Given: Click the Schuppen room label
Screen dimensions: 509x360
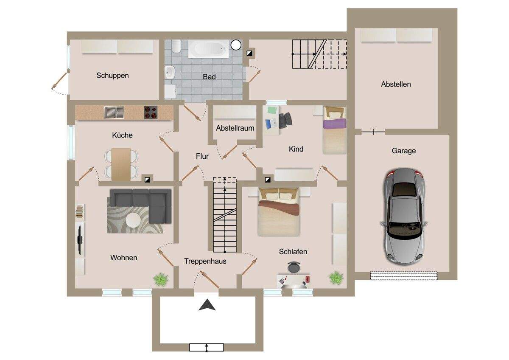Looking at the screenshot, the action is click(x=112, y=76).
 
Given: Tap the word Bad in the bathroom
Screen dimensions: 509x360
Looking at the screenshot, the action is click(x=209, y=77).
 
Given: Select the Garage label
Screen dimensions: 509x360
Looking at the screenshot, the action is click(x=404, y=151).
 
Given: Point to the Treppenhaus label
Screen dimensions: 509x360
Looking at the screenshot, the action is click(x=205, y=261).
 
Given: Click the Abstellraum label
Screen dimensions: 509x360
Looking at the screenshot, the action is click(x=235, y=128).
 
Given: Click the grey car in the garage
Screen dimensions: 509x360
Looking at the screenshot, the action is click(x=404, y=216).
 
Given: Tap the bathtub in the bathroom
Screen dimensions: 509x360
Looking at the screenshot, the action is click(x=208, y=49).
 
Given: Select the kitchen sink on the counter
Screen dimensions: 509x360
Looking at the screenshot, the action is click(x=114, y=112).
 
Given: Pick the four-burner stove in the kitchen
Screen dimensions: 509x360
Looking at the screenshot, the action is click(x=151, y=112).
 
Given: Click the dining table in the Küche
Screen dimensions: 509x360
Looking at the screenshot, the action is click(x=121, y=164).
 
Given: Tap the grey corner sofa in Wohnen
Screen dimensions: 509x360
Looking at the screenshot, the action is click(x=140, y=203).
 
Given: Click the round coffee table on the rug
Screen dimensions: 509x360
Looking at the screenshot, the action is click(x=133, y=220).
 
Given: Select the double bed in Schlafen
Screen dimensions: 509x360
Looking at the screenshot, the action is click(x=279, y=212).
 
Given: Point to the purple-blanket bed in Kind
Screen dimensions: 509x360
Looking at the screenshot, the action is click(x=335, y=130).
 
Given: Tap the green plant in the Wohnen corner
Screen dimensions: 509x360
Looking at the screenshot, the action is click(x=161, y=279).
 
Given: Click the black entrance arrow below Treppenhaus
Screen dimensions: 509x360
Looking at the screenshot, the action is click(x=207, y=305).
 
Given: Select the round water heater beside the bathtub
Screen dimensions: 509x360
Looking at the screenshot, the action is click(x=236, y=45).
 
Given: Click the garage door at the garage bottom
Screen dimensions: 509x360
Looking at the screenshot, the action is click(x=404, y=276).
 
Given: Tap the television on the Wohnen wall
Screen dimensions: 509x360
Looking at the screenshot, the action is click(x=80, y=240).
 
